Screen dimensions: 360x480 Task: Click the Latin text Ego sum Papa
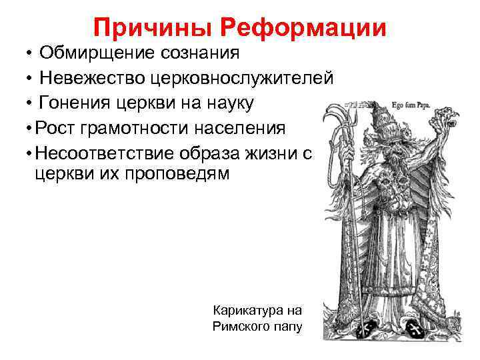(x=414, y=104)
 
